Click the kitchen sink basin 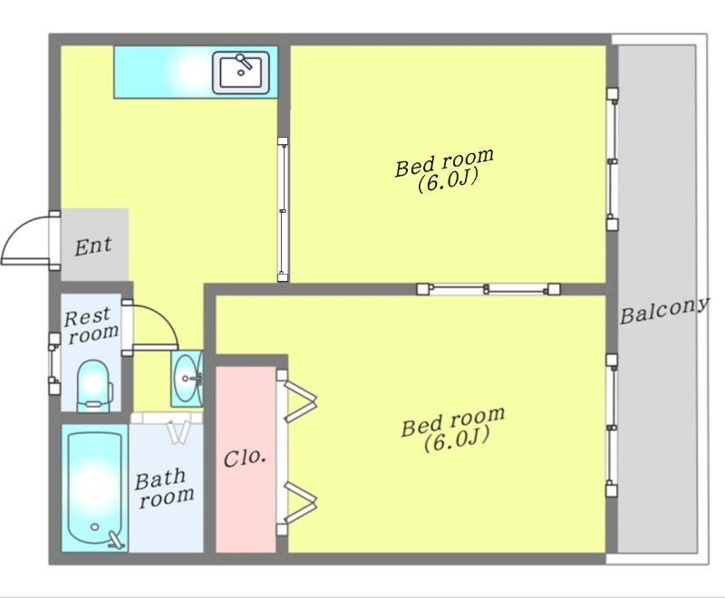[240, 72]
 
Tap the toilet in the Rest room [94, 386]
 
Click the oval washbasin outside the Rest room [188, 378]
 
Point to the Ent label [93, 246]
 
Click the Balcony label [664, 310]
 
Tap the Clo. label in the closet [245, 458]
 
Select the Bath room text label [165, 489]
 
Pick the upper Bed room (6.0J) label [445, 170]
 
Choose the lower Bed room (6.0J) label [453, 429]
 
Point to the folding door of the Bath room [178, 431]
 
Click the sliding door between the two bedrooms [488, 289]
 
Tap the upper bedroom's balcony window [613, 159]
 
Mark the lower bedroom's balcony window [612, 425]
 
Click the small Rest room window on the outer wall [54, 363]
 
